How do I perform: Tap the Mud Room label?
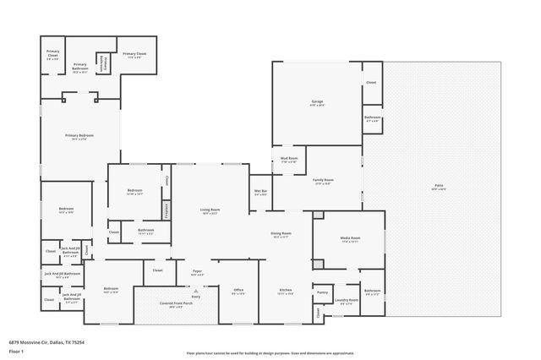[288, 159]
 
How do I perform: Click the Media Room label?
[350, 239]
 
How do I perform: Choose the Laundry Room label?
[342, 300]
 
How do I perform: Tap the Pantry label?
[322, 292]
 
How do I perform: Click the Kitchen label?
[287, 292]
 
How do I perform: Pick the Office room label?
[238, 292]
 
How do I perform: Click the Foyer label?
[197, 272]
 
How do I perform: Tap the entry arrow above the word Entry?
[196, 290]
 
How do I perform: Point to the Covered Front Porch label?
[175, 305]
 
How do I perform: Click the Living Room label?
[210, 210]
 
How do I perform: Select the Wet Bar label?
[260, 192]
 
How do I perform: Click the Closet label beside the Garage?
[371, 83]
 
